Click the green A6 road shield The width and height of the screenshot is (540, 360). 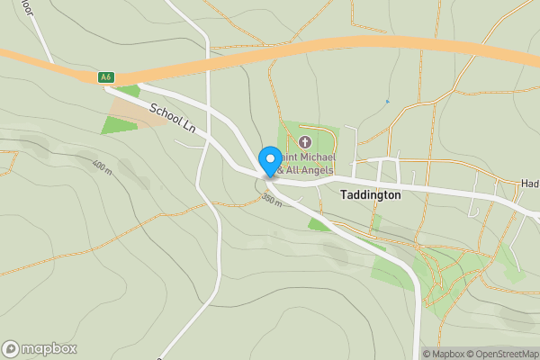pos(106,77)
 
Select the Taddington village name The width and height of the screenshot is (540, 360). pos(370,194)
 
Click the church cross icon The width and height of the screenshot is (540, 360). pos(304,142)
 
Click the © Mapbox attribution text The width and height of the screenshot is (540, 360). pos(444,354)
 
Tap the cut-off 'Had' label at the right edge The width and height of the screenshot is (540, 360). pos(529,183)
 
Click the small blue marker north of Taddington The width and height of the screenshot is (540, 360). pos(388,102)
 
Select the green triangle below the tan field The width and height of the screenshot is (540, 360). pos(117,125)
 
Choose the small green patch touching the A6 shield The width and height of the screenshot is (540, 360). pos(128,90)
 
